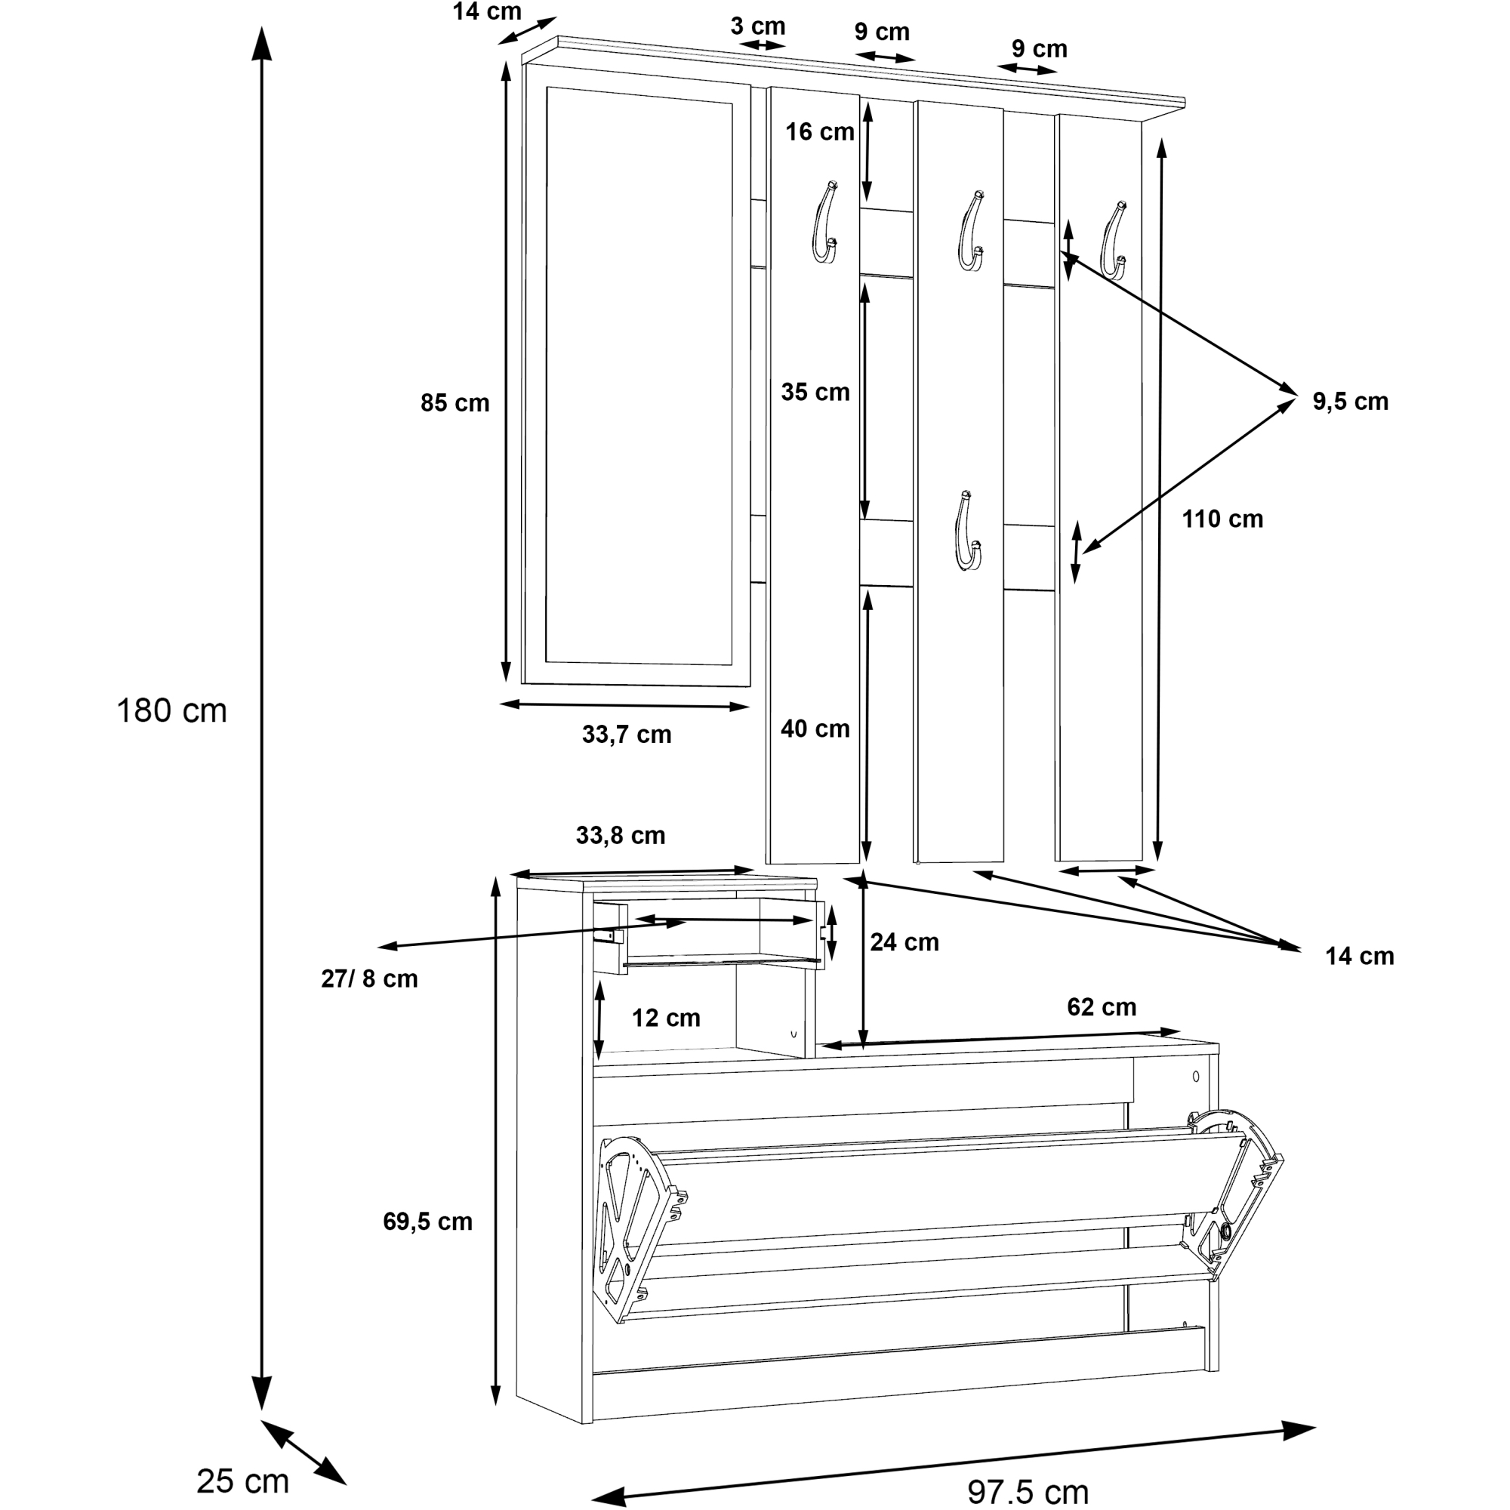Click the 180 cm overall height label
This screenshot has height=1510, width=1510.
coord(172,711)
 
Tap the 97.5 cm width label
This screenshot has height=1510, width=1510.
coord(1028,1492)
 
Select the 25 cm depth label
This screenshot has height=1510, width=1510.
coord(242,1481)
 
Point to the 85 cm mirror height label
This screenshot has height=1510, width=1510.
coord(455,403)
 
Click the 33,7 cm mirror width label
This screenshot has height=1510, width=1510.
coord(627,735)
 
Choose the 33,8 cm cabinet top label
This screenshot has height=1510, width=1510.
coord(621,836)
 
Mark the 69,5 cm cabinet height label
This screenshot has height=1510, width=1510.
coord(427,1222)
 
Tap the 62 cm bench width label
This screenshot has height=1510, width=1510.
coord(1102,1007)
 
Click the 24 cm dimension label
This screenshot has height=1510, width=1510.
coord(904,942)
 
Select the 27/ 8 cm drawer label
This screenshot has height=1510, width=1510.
coord(370,978)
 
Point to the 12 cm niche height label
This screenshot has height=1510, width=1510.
coord(666,1018)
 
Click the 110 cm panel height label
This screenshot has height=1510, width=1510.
coord(1222,519)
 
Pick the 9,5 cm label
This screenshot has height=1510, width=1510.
coord(1351,402)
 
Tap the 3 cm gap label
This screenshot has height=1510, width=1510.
coord(757,26)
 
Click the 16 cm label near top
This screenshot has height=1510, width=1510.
coord(820,132)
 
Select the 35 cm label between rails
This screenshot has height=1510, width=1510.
coord(815,393)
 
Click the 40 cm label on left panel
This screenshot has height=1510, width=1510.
coord(815,729)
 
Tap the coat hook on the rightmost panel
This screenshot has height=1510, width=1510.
coord(1113,240)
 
